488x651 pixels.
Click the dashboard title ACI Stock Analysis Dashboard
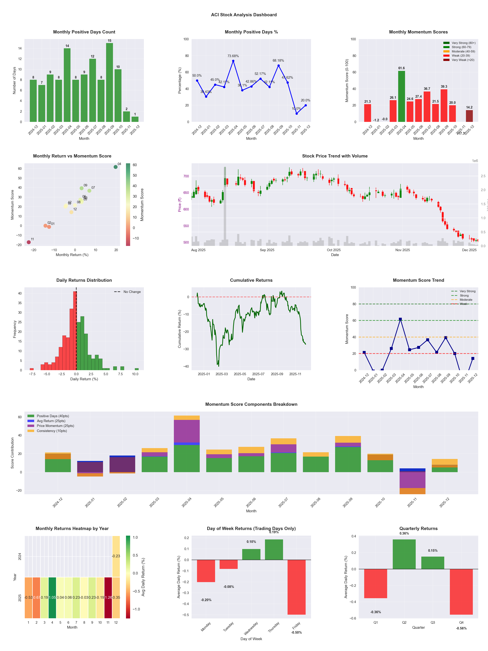pyautogui.click(x=244, y=15)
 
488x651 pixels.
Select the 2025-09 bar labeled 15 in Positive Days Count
pyautogui.click(x=109, y=82)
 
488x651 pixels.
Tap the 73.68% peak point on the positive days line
pyautogui.click(x=233, y=61)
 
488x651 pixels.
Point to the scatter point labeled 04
pyautogui.click(x=116, y=167)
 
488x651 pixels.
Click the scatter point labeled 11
pyautogui.click(x=29, y=242)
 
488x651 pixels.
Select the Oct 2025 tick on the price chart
pyautogui.click(x=334, y=250)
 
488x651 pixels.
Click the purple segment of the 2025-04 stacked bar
pyautogui.click(x=187, y=431)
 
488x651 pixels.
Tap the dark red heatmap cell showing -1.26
pyautogui.click(x=108, y=597)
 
